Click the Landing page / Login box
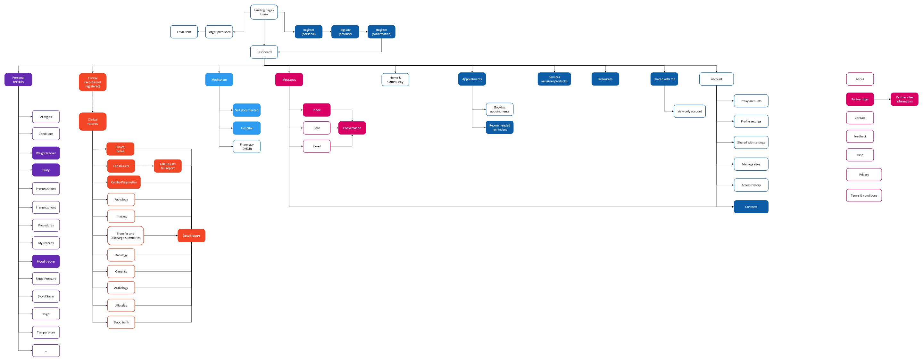pyautogui.click(x=264, y=12)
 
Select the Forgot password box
pyautogui.click(x=219, y=32)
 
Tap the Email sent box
pyautogui.click(x=184, y=32)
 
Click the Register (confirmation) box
pyautogui.click(x=381, y=32)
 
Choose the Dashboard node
pyautogui.click(x=264, y=52)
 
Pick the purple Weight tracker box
pyautogui.click(x=46, y=153)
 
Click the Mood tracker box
pyautogui.click(x=46, y=261)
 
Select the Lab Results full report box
pyautogui.click(x=168, y=166)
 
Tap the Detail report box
pyautogui.click(x=191, y=236)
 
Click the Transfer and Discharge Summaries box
pyautogui.click(x=125, y=236)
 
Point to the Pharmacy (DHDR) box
pyautogui.click(x=246, y=146)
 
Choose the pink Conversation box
pyautogui.click(x=352, y=128)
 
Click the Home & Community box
pyautogui.click(x=395, y=79)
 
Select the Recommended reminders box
pyautogui.click(x=500, y=127)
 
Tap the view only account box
pyautogui.click(x=689, y=111)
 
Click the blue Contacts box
pyautogui.click(x=751, y=207)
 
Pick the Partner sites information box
pyautogui.click(x=904, y=99)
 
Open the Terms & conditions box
pyautogui.click(x=864, y=196)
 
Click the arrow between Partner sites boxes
pyautogui.click(x=882, y=99)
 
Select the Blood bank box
pyautogui.click(x=121, y=323)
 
